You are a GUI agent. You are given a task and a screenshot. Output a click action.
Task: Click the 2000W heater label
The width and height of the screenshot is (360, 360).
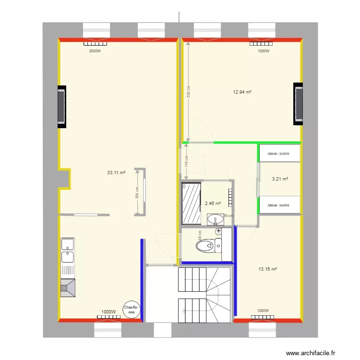(95, 51)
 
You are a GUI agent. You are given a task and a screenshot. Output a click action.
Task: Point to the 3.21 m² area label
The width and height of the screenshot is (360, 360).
(280, 179)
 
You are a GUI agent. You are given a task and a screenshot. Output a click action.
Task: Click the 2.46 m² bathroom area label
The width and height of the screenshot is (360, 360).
(213, 204)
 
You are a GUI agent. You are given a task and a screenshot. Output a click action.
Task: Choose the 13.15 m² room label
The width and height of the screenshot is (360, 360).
(267, 269)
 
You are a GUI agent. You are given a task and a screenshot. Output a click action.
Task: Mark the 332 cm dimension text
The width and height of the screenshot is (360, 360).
(189, 91)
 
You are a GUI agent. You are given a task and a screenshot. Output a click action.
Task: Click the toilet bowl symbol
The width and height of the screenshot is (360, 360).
(205, 246)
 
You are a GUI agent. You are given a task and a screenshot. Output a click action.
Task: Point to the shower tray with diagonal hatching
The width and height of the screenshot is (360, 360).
(191, 203)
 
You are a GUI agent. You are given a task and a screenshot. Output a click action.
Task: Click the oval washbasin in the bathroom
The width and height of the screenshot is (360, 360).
(215, 219)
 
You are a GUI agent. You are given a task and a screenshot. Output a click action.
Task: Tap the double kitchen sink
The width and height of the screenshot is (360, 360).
(67, 251)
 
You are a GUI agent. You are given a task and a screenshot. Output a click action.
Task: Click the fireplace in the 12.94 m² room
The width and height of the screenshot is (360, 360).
(299, 104)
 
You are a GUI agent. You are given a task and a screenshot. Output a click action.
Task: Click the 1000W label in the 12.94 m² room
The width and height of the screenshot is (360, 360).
(263, 51)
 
